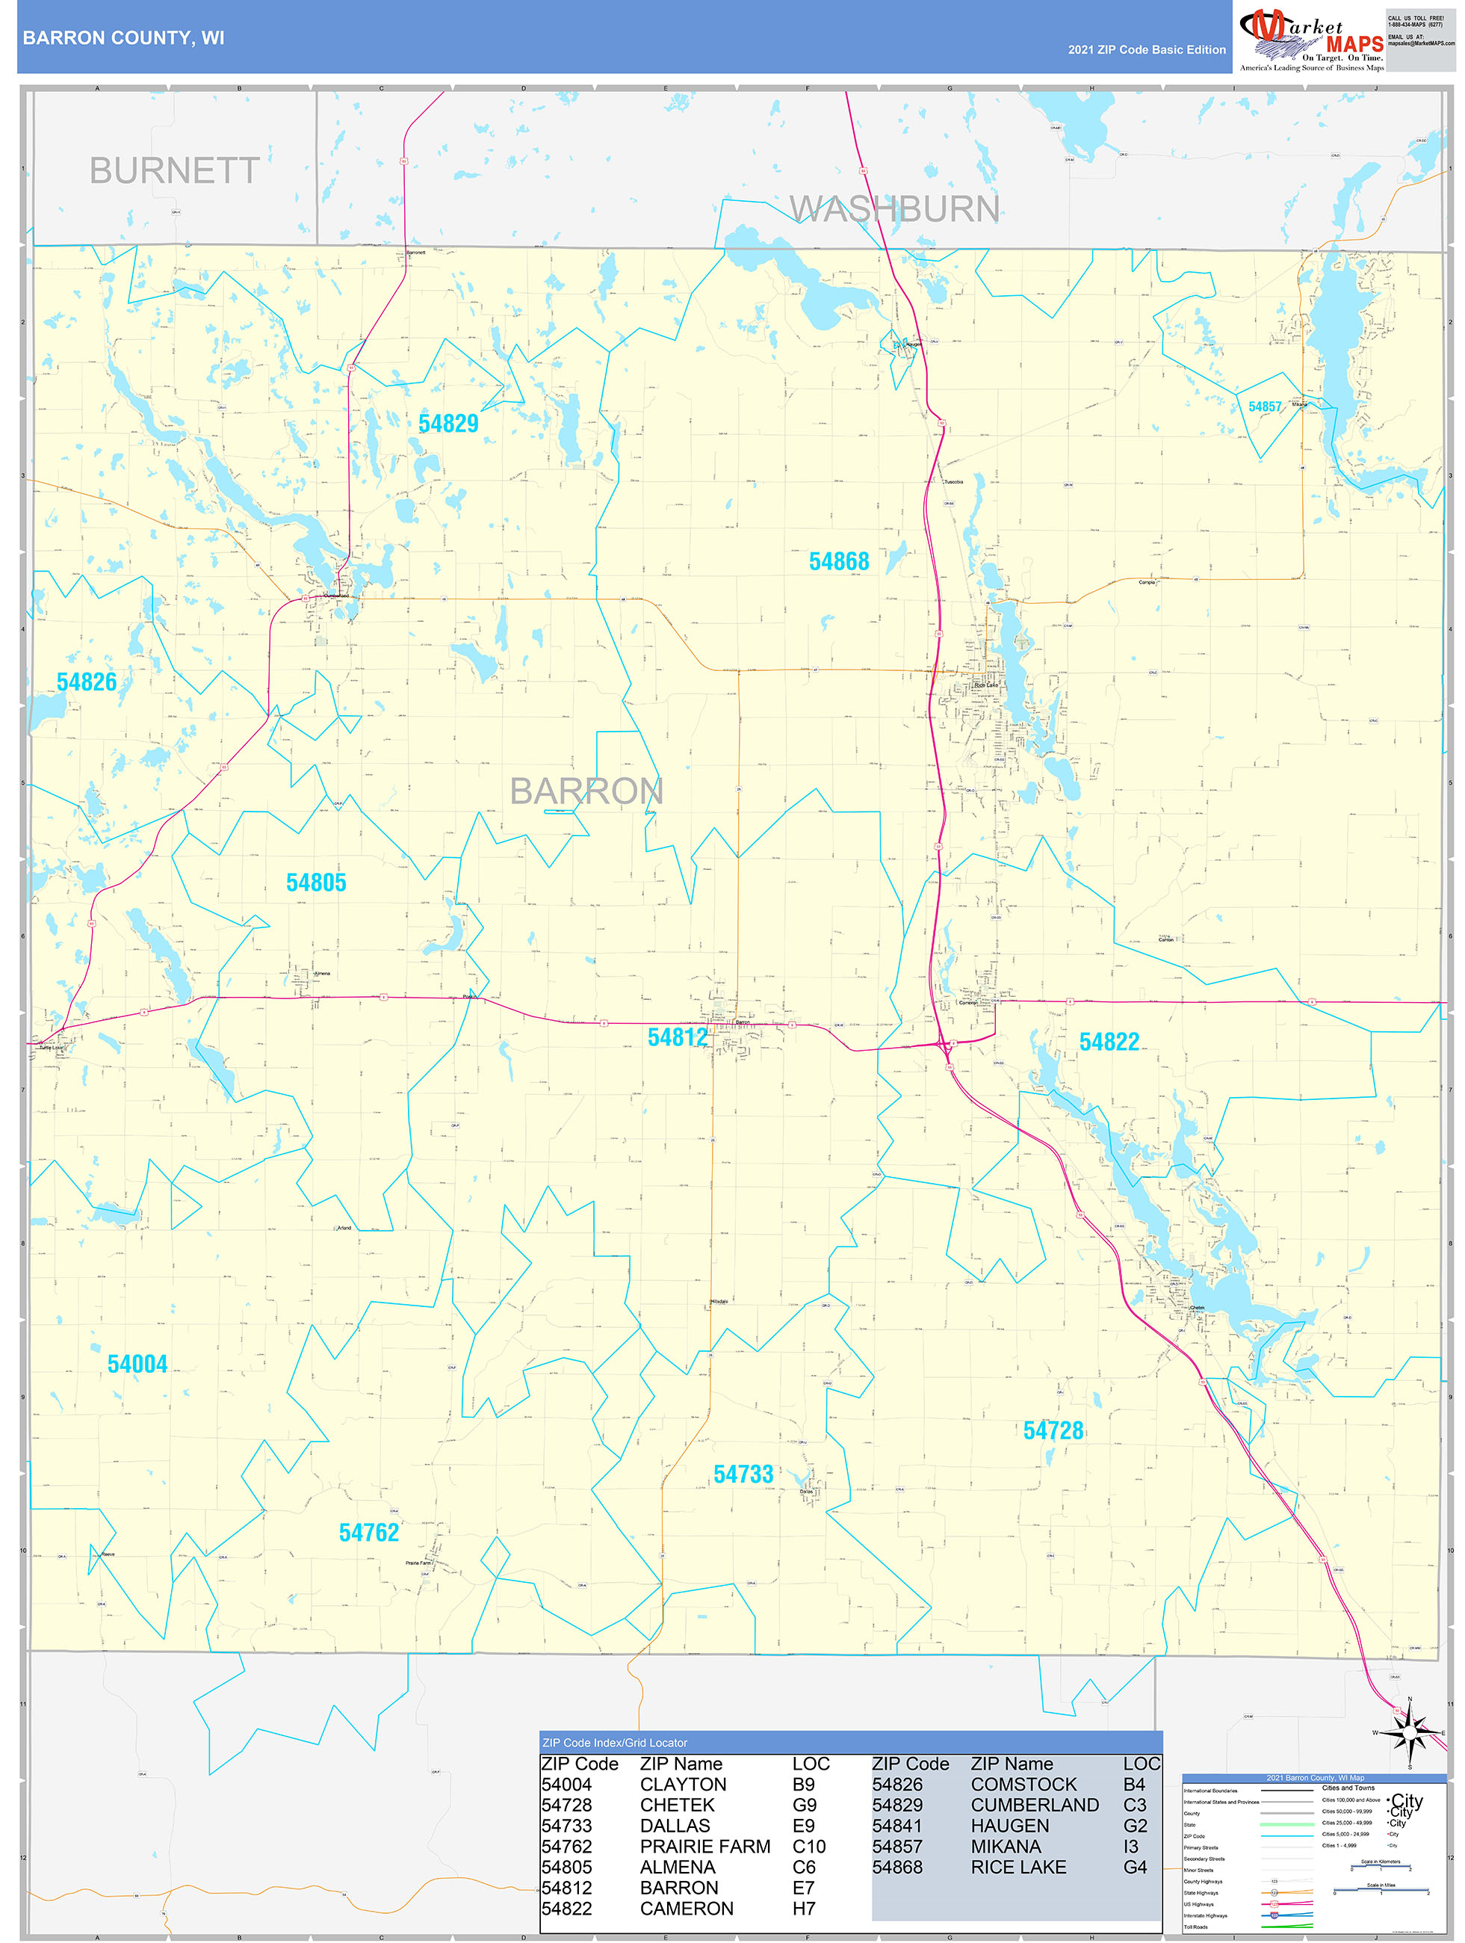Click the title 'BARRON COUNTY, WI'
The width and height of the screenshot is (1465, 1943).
[x=124, y=38]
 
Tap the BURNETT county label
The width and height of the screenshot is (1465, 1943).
[x=174, y=170]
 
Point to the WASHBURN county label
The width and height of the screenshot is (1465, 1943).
[x=894, y=209]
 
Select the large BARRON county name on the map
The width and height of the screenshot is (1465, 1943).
[x=586, y=791]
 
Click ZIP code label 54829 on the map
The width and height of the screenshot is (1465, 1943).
[x=448, y=424]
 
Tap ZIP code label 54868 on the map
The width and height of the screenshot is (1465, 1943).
[x=839, y=561]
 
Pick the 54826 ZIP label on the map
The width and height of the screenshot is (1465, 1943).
[x=86, y=682]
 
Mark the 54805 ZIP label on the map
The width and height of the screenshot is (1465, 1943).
[x=316, y=883]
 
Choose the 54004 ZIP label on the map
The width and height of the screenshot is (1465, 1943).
[x=137, y=1364]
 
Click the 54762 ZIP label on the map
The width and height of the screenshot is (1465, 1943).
[x=369, y=1533]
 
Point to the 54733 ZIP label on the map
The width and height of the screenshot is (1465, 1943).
[x=743, y=1475]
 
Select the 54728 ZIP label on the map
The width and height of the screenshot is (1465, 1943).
[x=1053, y=1431]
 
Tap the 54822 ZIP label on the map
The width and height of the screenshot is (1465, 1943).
[x=1109, y=1042]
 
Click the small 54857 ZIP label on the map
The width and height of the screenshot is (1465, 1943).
[x=1264, y=407]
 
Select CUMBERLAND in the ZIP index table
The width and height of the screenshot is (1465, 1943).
[x=1035, y=1805]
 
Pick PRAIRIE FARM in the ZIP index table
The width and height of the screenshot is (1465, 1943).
[x=704, y=1847]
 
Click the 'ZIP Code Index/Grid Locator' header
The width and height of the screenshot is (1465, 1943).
[x=615, y=1743]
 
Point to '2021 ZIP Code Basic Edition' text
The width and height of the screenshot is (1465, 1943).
[x=1146, y=50]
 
